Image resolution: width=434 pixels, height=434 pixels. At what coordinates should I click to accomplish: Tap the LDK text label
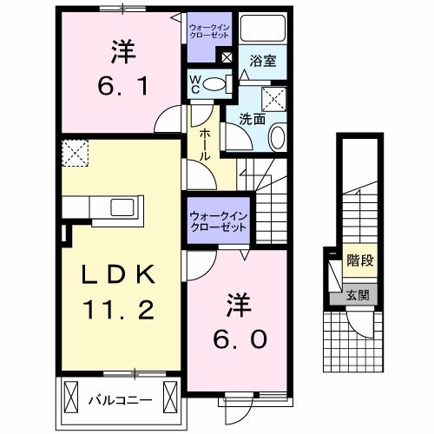pyautogui.click(x=120, y=276)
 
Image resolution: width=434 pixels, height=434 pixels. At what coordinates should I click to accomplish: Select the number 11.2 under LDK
pyautogui.click(x=120, y=308)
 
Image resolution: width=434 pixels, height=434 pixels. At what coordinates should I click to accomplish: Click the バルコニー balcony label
pyautogui.click(x=121, y=400)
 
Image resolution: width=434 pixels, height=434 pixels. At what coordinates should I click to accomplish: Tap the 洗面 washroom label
pyautogui.click(x=252, y=119)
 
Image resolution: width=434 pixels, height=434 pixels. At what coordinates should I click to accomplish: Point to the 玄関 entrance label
pyautogui.click(x=358, y=294)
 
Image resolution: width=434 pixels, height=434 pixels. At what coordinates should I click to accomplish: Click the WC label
pyautogui.click(x=196, y=85)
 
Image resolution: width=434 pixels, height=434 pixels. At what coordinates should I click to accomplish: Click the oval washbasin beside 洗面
pyautogui.click(x=277, y=136)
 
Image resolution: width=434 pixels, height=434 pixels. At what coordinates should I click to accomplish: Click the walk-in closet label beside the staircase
pyautogui.click(x=218, y=222)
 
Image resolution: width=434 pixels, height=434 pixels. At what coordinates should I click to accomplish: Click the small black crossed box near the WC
pyautogui.click(x=227, y=59)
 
